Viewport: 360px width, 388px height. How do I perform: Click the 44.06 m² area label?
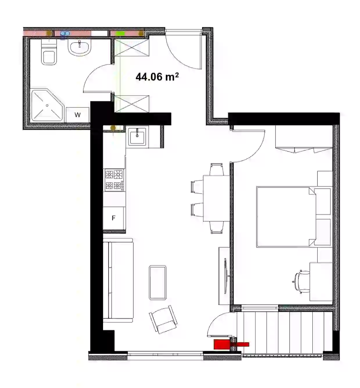pyautogui.click(x=157, y=77)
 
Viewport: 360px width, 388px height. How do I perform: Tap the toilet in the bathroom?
pyautogui.click(x=49, y=52)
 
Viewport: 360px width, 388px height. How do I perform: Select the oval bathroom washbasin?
pyautogui.click(x=80, y=48)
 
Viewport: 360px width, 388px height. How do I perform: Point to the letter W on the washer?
pyautogui.click(x=78, y=115)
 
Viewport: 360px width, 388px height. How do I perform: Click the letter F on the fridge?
pyautogui.click(x=114, y=218)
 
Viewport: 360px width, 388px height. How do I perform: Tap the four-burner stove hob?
pyautogui.click(x=114, y=180)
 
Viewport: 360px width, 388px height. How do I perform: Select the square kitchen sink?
pyautogui.click(x=137, y=136)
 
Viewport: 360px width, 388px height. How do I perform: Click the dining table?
pyautogui.click(x=216, y=198)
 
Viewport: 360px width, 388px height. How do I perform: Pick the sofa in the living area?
pyautogui.click(x=118, y=281)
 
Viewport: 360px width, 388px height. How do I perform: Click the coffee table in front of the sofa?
pyautogui.click(x=157, y=282)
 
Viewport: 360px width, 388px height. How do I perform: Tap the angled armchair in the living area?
pyautogui.click(x=163, y=320)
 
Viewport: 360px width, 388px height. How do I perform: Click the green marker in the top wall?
pyautogui.click(x=120, y=33)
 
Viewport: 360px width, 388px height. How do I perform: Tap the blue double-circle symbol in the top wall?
pyautogui.click(x=65, y=34)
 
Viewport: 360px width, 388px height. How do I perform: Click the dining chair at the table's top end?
pyautogui.click(x=216, y=169)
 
